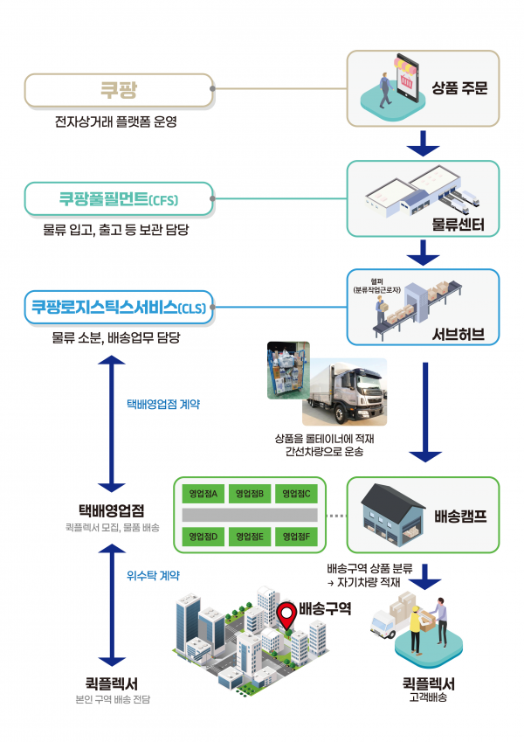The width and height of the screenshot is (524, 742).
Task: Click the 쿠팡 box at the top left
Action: coord(119,89)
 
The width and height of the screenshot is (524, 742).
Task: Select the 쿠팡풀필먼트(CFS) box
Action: coord(119,199)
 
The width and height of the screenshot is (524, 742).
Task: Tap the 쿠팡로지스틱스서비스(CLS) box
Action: coord(119,307)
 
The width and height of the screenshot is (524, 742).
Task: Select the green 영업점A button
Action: coord(203,494)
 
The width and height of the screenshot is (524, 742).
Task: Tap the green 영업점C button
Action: coord(298,494)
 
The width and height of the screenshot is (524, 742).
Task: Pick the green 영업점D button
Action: coord(203,536)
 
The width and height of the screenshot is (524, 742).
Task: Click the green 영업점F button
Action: coord(298,536)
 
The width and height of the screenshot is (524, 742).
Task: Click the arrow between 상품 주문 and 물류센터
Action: coord(424,142)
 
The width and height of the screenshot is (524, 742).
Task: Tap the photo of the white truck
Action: coord(342,390)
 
